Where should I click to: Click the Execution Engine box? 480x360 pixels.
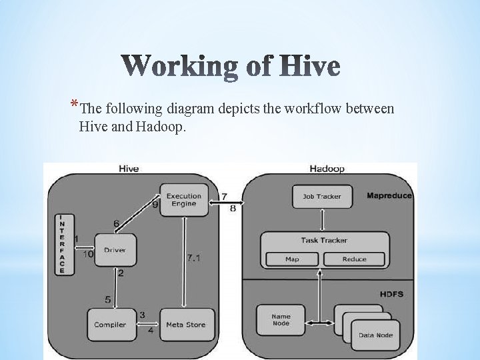[183, 199]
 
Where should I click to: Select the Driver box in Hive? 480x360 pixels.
[115, 250]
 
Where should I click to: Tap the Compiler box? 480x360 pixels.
[110, 325]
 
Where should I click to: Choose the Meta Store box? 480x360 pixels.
[186, 325]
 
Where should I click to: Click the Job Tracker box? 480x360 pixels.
[322, 196]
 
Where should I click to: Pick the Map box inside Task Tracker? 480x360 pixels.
[292, 259]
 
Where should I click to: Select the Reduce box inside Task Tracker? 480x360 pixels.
[354, 259]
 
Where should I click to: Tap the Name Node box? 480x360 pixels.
[281, 320]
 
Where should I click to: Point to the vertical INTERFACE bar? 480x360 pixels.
[62, 243]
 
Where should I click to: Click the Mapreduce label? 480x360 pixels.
[389, 195]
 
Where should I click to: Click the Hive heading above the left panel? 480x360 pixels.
[128, 169]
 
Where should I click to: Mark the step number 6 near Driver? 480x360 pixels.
[117, 223]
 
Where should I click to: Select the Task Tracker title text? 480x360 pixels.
[325, 241]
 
